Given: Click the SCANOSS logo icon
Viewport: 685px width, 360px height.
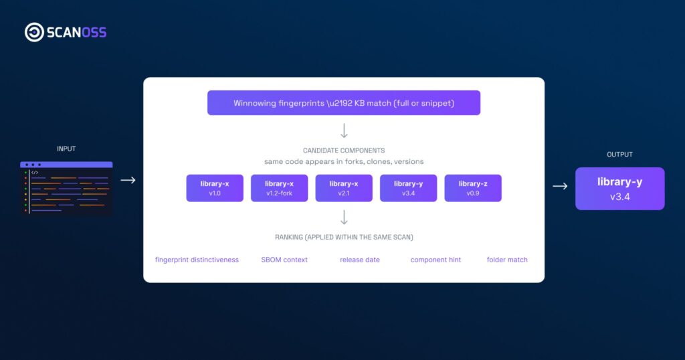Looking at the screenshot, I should point(34,32).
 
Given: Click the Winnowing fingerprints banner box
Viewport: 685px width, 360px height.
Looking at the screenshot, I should point(344,103).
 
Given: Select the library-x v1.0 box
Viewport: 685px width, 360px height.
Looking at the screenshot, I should point(215,188).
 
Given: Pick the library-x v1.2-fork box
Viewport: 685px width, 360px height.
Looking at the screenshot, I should point(279,188).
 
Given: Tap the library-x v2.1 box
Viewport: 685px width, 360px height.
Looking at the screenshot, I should point(344,188).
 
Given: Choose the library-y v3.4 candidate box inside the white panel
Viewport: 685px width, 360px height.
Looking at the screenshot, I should point(408,188).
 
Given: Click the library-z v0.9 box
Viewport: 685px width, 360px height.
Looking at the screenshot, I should point(473,188).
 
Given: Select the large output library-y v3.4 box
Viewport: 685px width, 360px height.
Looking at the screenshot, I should point(619,189).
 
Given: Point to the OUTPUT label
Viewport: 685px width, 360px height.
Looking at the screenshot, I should point(619,155).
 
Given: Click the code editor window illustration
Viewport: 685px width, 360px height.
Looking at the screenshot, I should point(66,188).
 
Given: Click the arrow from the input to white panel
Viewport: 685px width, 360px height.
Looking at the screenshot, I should point(128,180).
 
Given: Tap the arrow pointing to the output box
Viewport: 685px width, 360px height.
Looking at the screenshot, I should point(560,187).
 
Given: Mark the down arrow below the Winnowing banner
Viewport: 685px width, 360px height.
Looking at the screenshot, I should point(344,130).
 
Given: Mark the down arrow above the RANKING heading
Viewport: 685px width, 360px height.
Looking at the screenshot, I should point(344,217).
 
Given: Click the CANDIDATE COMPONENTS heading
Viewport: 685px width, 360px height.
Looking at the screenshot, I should point(344,151).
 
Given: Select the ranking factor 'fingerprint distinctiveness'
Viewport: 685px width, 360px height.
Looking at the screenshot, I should point(197,260).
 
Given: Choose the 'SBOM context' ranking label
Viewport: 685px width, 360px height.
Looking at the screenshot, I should point(284,260).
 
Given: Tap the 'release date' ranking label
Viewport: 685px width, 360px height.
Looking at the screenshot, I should point(359,260).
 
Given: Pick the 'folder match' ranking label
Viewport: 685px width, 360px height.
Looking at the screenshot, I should point(507,260).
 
